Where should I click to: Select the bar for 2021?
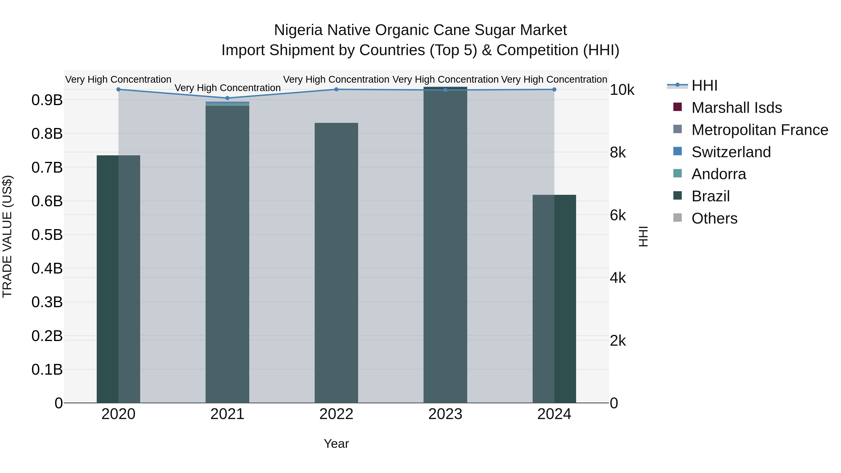coord(227,255)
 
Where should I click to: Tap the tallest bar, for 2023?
coord(445,245)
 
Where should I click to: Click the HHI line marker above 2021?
coord(228,98)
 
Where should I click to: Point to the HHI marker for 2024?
coord(554,89)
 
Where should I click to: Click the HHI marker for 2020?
coord(118,89)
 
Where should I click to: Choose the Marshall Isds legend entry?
coord(737,108)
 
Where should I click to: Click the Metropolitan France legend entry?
coord(759,130)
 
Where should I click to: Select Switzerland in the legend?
coord(731,152)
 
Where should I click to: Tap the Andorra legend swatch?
coord(678,174)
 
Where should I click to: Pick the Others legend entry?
coord(714,218)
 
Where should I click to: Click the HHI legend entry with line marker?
coord(704,85)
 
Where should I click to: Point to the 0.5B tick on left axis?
coord(47,235)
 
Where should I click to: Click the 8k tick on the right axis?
coord(618,153)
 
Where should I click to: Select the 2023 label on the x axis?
coord(445,414)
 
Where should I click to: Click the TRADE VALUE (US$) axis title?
coord(7,236)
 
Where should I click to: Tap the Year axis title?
coord(336,444)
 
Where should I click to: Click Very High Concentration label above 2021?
coord(228,88)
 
